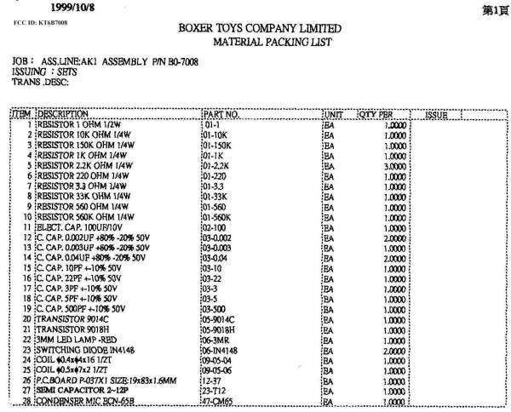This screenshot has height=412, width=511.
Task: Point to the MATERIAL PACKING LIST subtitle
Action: click(272, 42)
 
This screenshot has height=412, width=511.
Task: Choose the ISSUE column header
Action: click(435, 114)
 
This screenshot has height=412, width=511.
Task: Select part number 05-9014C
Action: click(220, 317)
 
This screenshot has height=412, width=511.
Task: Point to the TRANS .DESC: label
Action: click(40, 82)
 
